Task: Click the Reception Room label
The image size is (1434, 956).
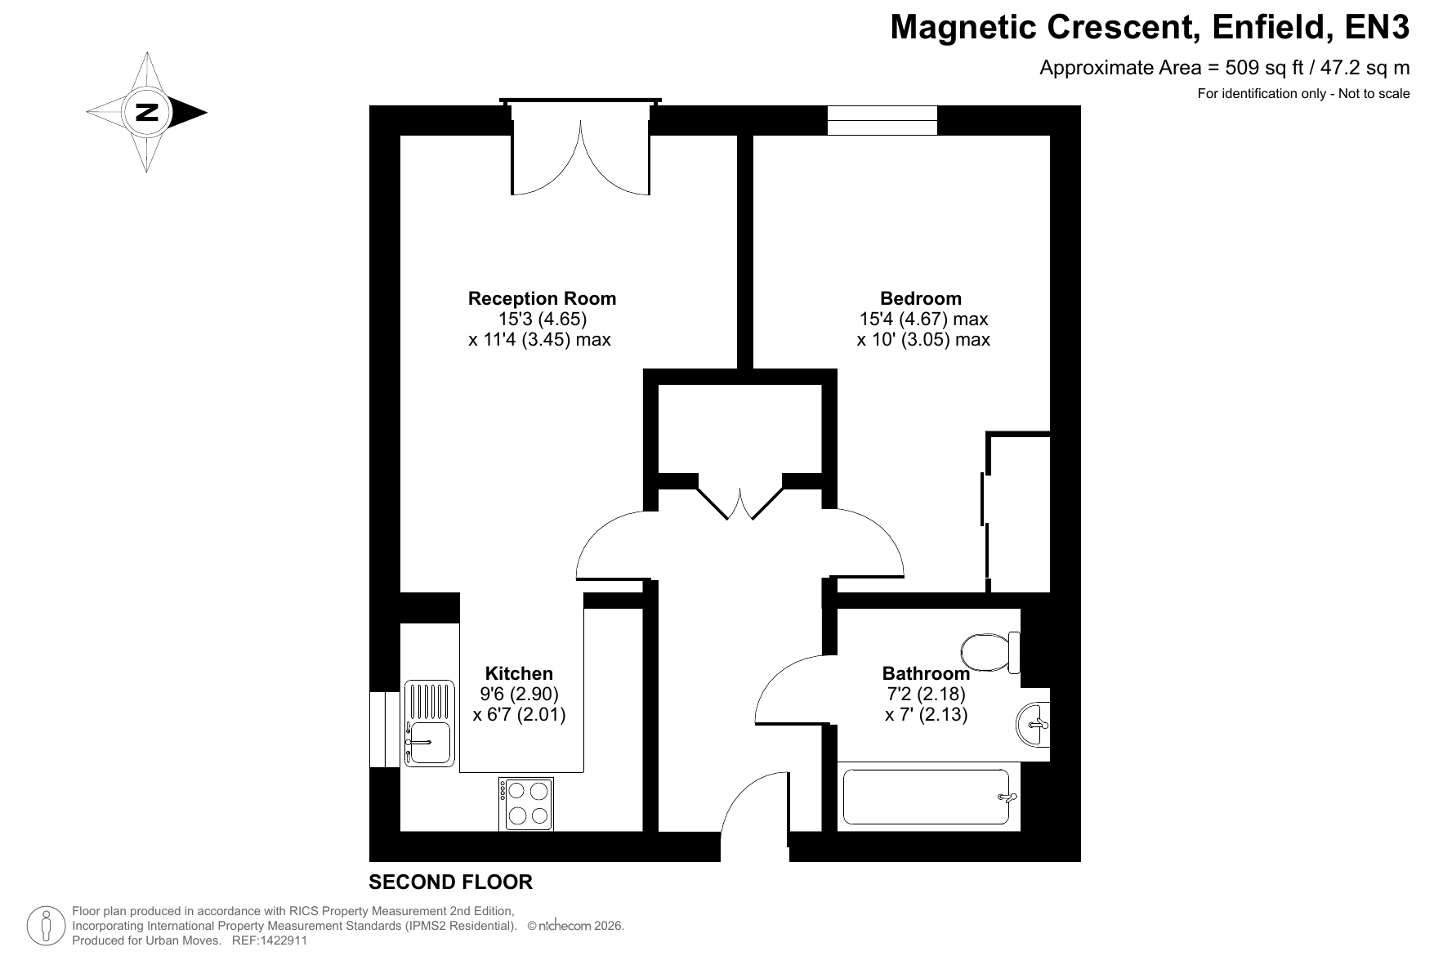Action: tap(542, 299)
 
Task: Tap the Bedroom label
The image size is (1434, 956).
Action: tap(921, 299)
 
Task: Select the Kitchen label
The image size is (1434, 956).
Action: tap(519, 673)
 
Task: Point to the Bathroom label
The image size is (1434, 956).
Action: tap(926, 673)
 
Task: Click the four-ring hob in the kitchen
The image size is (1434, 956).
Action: tap(527, 804)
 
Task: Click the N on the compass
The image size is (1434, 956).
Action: tap(147, 112)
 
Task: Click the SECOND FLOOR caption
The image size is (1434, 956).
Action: tap(450, 882)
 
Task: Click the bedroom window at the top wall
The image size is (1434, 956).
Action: tap(882, 120)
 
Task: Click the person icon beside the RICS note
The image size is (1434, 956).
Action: tap(47, 927)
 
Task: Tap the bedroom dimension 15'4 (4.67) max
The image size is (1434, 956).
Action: tap(923, 319)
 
